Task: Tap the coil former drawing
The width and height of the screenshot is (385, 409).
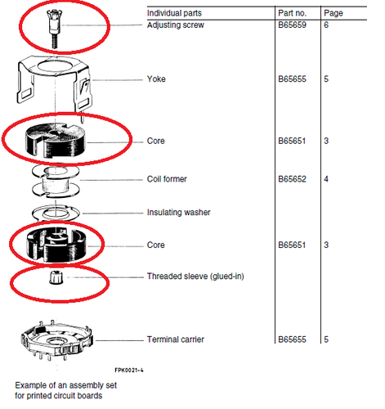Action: pyautogui.click(x=56, y=182)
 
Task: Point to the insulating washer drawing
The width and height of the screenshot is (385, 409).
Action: pyautogui.click(x=56, y=213)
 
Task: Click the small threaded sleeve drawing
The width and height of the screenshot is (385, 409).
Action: pyautogui.click(x=56, y=277)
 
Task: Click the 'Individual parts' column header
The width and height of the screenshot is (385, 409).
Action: pyautogui.click(x=174, y=13)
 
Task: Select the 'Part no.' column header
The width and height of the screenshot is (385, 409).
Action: pyautogui.click(x=292, y=13)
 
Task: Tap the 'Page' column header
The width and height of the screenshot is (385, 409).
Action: pyautogui.click(x=334, y=13)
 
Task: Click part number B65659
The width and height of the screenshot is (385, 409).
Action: pyautogui.click(x=292, y=25)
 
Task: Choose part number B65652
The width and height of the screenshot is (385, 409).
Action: pyautogui.click(x=292, y=179)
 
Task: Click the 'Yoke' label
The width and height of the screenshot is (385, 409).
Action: pyautogui.click(x=156, y=79)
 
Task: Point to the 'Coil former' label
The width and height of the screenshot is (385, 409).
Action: pyautogui.click(x=167, y=179)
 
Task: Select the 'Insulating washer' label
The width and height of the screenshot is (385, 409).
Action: pyautogui.click(x=179, y=213)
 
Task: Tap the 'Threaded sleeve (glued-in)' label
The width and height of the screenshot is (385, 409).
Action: pyautogui.click(x=195, y=276)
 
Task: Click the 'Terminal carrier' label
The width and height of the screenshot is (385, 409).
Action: pyautogui.click(x=176, y=339)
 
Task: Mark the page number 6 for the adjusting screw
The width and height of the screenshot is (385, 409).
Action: pyautogui.click(x=326, y=25)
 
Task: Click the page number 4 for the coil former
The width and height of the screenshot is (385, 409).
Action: pyautogui.click(x=326, y=179)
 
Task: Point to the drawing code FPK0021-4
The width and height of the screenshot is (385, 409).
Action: pyautogui.click(x=129, y=371)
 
